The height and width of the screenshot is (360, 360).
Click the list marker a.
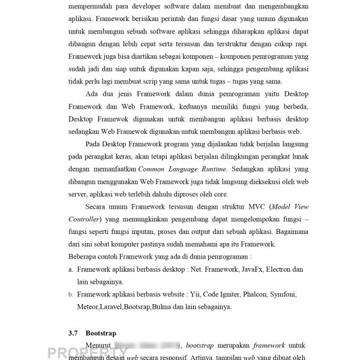[71, 271]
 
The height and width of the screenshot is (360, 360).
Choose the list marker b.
[71, 295]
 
